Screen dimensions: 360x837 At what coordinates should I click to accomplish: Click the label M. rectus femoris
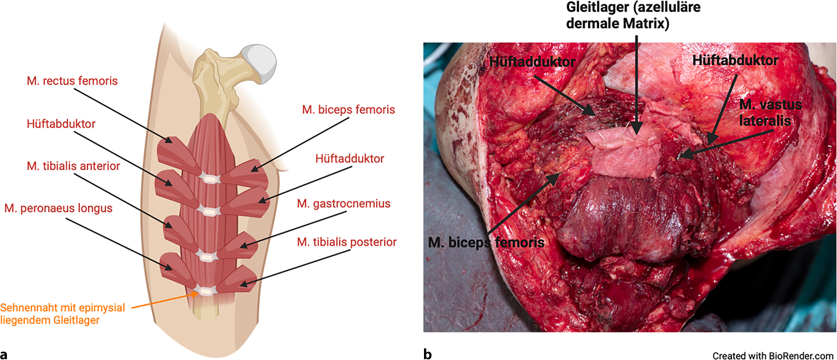tap(72, 81)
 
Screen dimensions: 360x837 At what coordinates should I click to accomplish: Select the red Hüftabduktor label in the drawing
tap(61, 124)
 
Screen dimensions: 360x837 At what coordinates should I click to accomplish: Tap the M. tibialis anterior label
tap(73, 166)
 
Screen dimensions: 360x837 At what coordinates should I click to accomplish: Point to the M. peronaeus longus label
tap(58, 209)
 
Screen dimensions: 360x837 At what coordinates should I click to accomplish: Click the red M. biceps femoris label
tap(348, 110)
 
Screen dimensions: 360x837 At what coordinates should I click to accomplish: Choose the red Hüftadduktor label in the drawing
tap(349, 159)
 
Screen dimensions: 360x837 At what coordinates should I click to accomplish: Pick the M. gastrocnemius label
tap(343, 204)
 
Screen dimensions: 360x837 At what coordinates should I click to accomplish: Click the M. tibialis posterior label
tap(347, 242)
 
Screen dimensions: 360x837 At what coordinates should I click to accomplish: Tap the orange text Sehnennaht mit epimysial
tap(62, 308)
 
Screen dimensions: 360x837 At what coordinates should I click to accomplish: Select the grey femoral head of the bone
tap(259, 63)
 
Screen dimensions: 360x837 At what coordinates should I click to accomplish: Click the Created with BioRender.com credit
tap(773, 356)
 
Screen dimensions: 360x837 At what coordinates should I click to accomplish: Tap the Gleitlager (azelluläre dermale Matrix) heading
tap(633, 15)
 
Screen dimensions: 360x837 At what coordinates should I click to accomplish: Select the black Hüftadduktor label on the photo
tap(532, 61)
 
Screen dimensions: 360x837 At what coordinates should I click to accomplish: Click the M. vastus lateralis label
tap(770, 112)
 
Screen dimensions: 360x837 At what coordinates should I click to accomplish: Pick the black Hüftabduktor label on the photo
tap(735, 60)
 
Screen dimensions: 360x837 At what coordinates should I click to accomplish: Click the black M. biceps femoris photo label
tap(486, 243)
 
